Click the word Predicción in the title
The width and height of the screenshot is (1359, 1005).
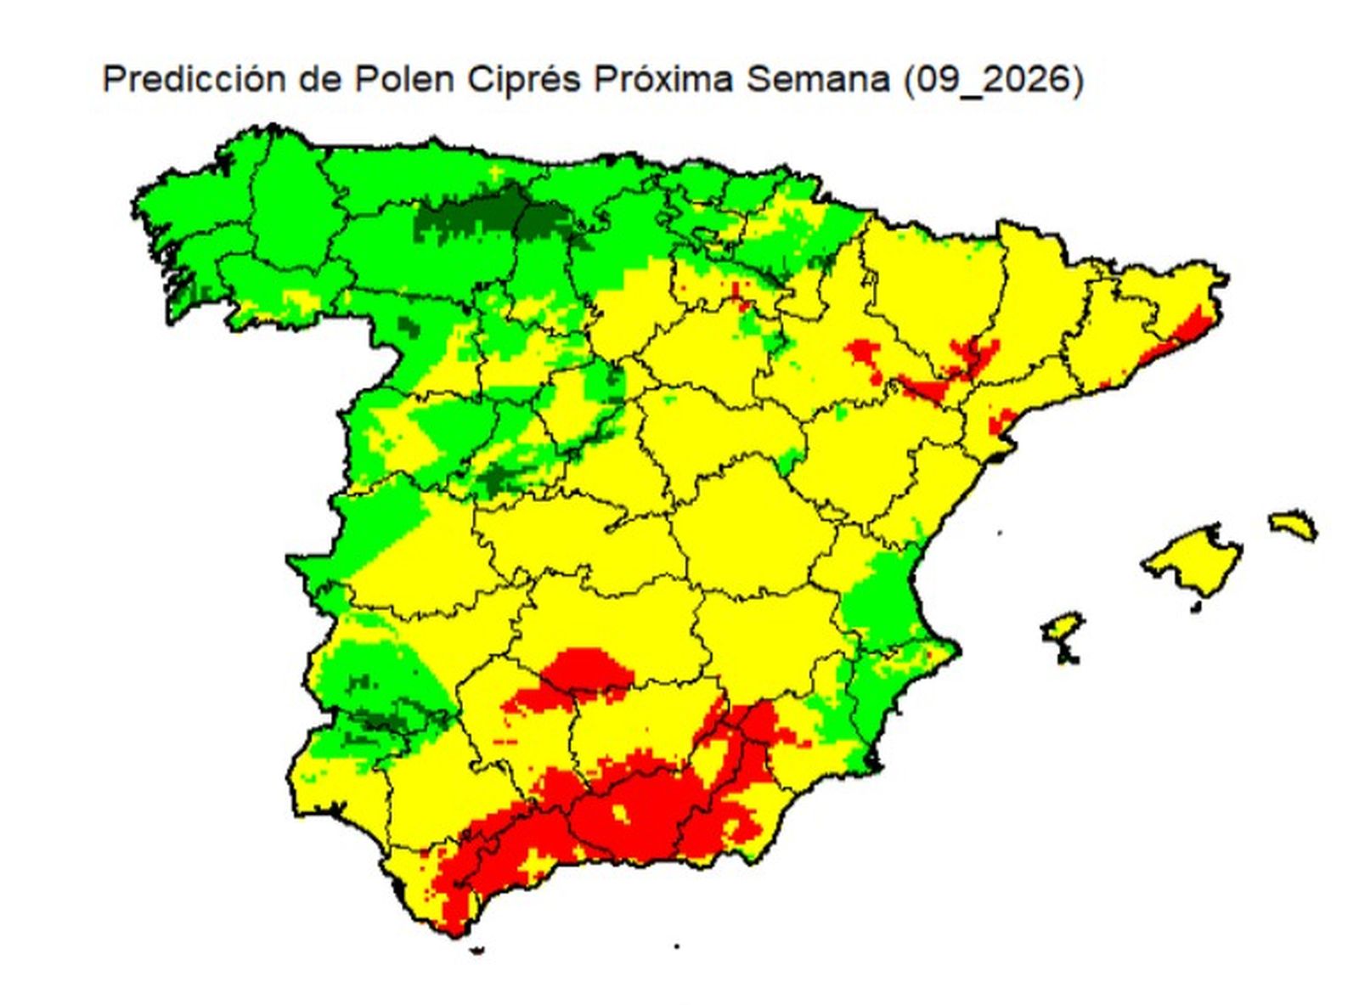pyautogui.click(x=194, y=80)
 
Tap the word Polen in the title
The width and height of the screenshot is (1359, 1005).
pyautogui.click(x=404, y=80)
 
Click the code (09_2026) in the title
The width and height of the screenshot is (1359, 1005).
pyautogui.click(x=993, y=80)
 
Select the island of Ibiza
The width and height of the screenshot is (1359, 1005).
pyautogui.click(x=1062, y=633)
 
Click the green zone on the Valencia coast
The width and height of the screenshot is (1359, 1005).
pyautogui.click(x=879, y=595)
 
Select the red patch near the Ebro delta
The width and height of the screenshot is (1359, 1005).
pyautogui.click(x=1002, y=421)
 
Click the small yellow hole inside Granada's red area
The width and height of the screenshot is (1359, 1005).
pyautogui.click(x=618, y=813)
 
